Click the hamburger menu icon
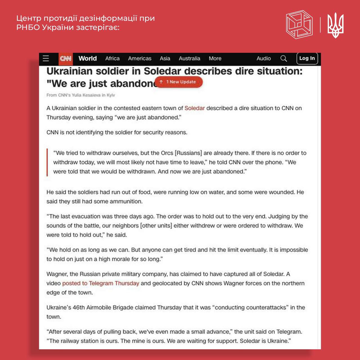[x=46, y=58]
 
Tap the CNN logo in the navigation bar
[x=66, y=58]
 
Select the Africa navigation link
[x=112, y=58]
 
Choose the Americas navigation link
[x=139, y=58]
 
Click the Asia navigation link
[x=165, y=58]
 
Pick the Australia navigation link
[x=189, y=58]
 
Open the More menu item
[x=215, y=58]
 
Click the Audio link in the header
[x=264, y=58]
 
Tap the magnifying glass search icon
[x=283, y=58]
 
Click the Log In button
[x=307, y=58]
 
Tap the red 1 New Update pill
[x=179, y=82]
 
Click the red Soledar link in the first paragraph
[x=194, y=108]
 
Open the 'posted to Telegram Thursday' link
[x=100, y=283]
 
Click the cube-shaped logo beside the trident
[x=299, y=24]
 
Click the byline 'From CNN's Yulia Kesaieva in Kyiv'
[x=81, y=95]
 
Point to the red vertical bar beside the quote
[x=47, y=162]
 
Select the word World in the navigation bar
[x=87, y=58]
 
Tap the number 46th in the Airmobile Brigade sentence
[x=79, y=307]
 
